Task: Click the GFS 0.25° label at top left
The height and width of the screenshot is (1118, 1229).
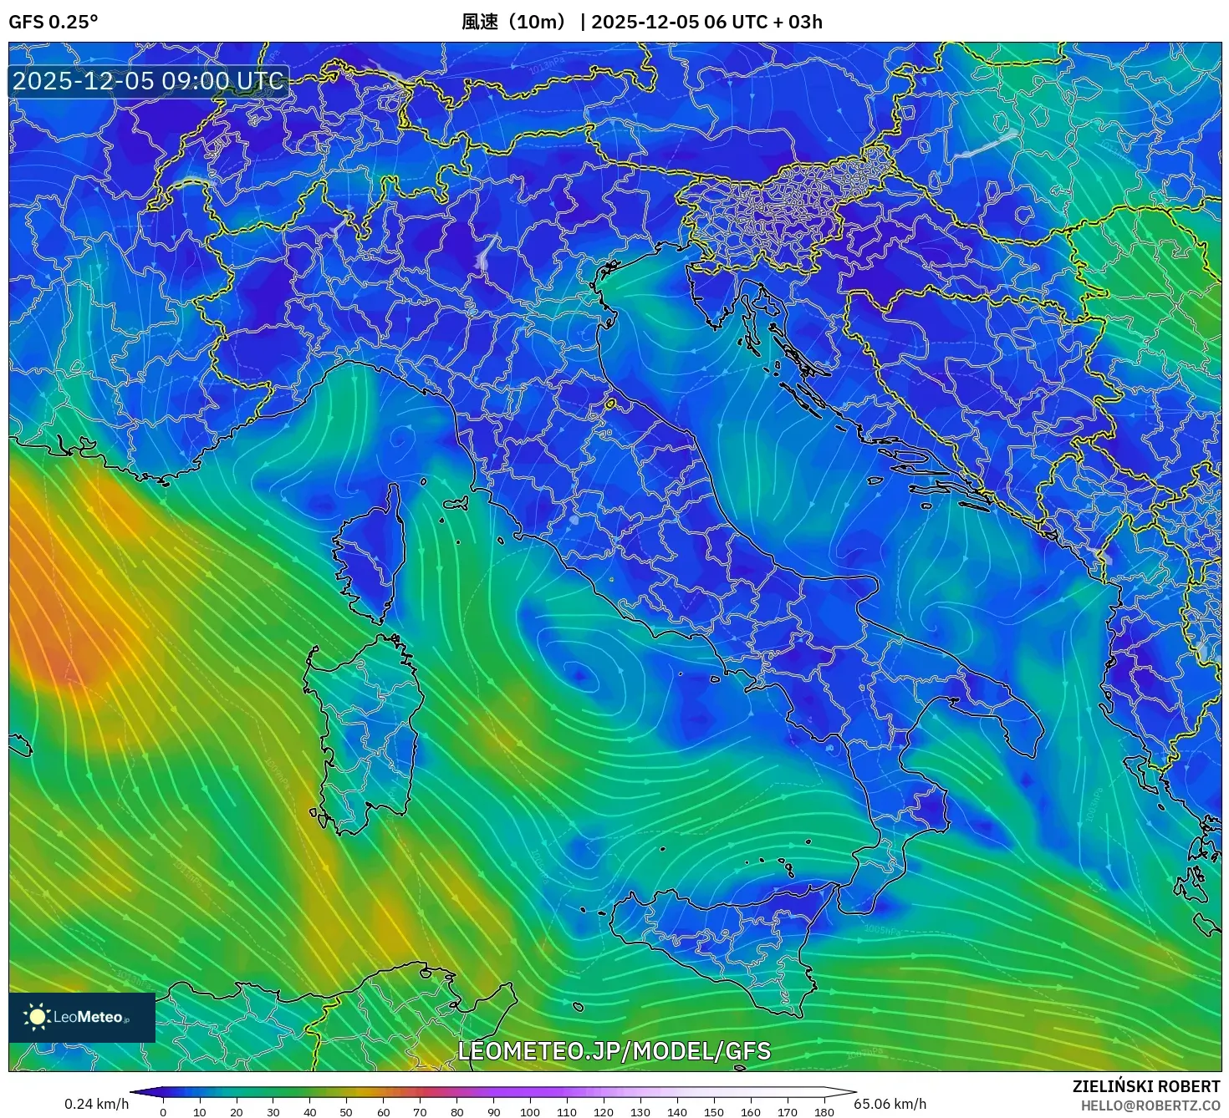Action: pyautogui.click(x=53, y=22)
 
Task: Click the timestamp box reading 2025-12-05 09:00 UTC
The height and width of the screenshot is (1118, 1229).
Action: pyautogui.click(x=148, y=81)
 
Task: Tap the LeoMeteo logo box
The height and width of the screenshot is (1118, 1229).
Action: pyautogui.click(x=82, y=1017)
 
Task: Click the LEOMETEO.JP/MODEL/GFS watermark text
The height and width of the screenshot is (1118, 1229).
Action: pyautogui.click(x=614, y=1051)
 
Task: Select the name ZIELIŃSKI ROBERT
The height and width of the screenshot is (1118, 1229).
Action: pyautogui.click(x=1146, y=1086)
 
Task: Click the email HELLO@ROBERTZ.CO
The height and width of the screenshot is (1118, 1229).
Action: pyautogui.click(x=1150, y=1105)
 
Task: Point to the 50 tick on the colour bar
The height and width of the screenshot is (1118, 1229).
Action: pyautogui.click(x=346, y=1111)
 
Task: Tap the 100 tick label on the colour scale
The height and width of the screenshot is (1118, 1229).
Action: pyautogui.click(x=529, y=1111)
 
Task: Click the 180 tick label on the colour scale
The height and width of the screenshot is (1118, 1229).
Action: pyautogui.click(x=824, y=1111)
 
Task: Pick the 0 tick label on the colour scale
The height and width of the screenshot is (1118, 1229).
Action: pyautogui.click(x=163, y=1111)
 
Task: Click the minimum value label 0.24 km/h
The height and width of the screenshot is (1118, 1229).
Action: pyautogui.click(x=97, y=1104)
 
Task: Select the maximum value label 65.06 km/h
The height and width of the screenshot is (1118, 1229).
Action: pyautogui.click(x=890, y=1104)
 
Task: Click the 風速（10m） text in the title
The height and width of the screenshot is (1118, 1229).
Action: pyautogui.click(x=515, y=22)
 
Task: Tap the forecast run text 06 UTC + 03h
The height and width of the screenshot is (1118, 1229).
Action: pyautogui.click(x=763, y=22)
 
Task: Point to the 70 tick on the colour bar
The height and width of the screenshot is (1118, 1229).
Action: pyautogui.click(x=420, y=1111)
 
